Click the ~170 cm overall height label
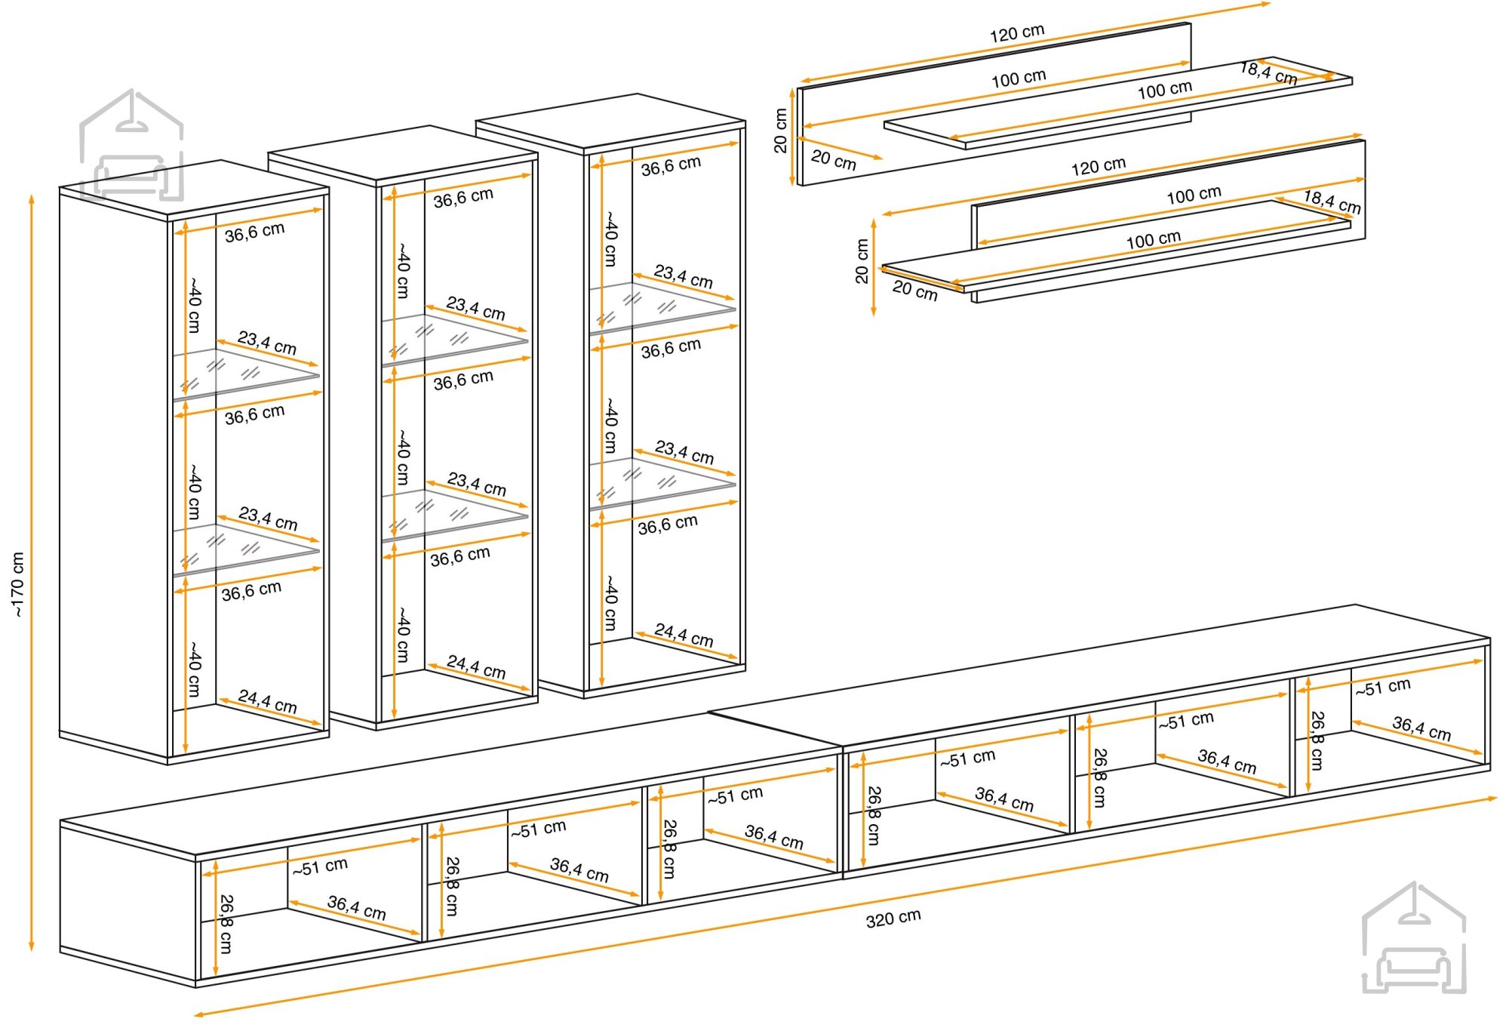point(18,585)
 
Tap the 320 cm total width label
point(893,918)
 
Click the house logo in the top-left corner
point(131,145)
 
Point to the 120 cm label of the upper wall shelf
point(1017,33)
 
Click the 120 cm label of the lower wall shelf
point(1099,166)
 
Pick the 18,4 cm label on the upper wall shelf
point(1268,73)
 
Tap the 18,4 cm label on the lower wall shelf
point(1332,202)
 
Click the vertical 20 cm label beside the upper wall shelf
point(781,131)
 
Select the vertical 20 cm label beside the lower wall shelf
point(862,261)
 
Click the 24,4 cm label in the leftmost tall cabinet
point(268,701)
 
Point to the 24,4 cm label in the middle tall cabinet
point(476,666)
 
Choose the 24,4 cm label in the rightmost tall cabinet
point(684,635)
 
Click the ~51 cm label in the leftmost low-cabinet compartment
point(321,866)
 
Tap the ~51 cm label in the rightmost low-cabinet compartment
point(1383,688)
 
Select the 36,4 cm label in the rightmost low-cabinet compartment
point(1421,728)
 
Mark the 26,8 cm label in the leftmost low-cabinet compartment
point(226,925)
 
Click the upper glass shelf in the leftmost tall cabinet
point(246,373)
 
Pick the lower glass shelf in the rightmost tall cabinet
point(662,482)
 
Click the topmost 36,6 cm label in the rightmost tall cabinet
point(671,166)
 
